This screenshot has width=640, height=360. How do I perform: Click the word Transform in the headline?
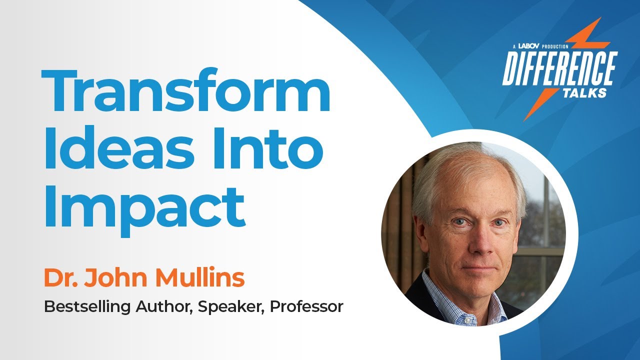(185, 92)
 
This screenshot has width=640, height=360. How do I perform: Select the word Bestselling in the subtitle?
(87, 306)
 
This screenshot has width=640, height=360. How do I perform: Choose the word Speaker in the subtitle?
(230, 306)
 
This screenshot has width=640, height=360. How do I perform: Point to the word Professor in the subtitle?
(306, 306)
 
